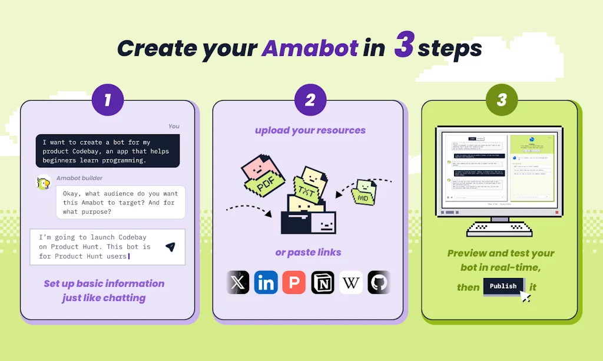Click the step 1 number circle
pyautogui.click(x=108, y=100)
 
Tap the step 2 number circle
pyautogui.click(x=310, y=100)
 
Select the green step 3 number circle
pyautogui.click(x=502, y=100)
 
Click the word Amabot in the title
pyautogui.click(x=310, y=48)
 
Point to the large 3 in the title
pyautogui.click(x=403, y=46)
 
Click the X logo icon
pyautogui.click(x=238, y=283)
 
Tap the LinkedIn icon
pyautogui.click(x=266, y=283)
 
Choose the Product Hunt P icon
pyautogui.click(x=294, y=283)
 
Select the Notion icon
pyautogui.click(x=323, y=283)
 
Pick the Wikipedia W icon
pyautogui.click(x=351, y=283)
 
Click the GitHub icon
pyautogui.click(x=379, y=283)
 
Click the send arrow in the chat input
pyautogui.click(x=170, y=247)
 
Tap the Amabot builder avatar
pyautogui.click(x=43, y=183)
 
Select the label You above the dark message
pyautogui.click(x=174, y=126)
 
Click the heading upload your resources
pyautogui.click(x=310, y=130)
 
